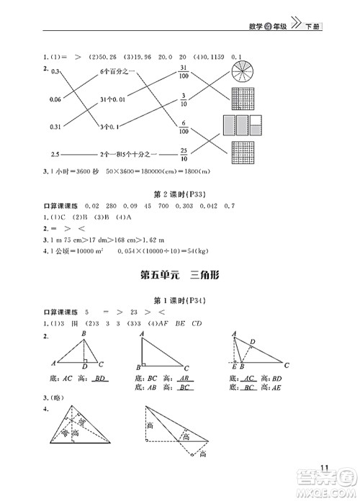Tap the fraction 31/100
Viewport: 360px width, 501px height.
point(184,71)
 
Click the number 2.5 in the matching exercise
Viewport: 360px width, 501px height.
point(55,153)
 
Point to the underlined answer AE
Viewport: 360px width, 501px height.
point(274,388)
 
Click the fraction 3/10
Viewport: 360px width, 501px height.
point(184,98)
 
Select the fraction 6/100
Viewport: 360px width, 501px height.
point(184,126)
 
